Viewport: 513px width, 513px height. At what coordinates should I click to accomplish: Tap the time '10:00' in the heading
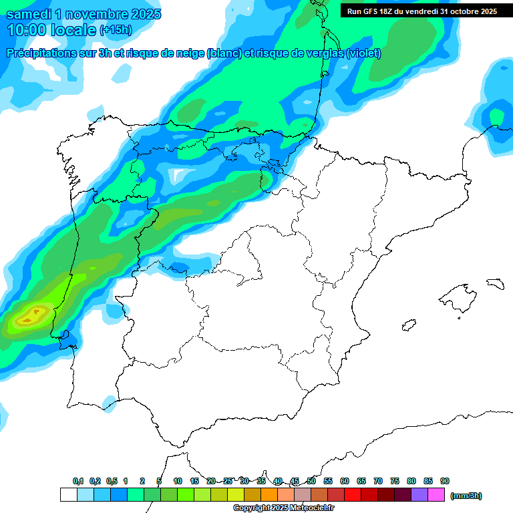coord(28,30)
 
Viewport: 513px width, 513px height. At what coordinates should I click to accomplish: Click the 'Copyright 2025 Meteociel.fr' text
coord(283,508)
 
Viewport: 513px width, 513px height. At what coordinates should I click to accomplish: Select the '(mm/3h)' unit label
coord(466,496)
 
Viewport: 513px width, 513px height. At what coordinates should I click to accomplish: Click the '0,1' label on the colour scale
coord(78,482)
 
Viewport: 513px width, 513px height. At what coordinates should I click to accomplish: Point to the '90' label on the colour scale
coord(445,482)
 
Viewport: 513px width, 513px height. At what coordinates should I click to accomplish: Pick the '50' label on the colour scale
coord(311,482)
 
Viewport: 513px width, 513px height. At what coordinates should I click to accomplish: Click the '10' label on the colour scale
coord(178,482)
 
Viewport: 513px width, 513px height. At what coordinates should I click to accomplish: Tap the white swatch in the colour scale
coord(68,495)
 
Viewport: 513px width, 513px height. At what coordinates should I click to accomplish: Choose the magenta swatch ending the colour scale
coord(436,495)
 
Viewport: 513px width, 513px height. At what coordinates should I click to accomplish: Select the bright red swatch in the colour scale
coord(353,495)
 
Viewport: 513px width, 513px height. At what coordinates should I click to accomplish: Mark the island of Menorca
coord(495,283)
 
